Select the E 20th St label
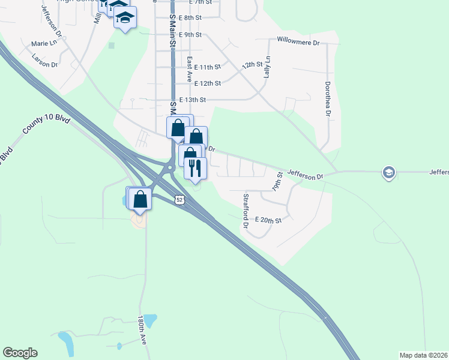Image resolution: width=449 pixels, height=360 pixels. coord(268,220)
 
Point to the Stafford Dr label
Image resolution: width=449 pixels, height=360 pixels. coord(246,211)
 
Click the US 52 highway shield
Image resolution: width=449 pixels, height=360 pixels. coord(178,199)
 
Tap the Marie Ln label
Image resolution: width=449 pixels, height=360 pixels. coord(44,43)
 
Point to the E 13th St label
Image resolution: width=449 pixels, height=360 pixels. coord(193,100)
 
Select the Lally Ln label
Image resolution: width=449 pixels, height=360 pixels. coord(268,67)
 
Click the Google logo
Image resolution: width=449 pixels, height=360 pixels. coord(20,353)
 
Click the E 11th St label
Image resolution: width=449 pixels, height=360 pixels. coord(208,67)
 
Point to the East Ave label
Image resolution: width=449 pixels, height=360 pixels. coord(189,70)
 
